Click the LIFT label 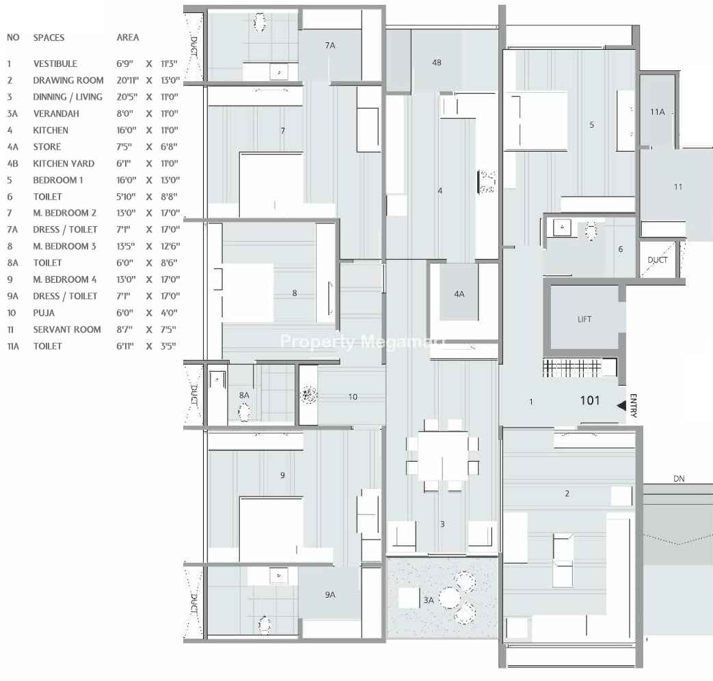tap(584, 320)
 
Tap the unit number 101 tap(590, 400)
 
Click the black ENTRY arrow tap(621, 406)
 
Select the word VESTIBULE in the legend tap(55, 64)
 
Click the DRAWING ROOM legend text tap(68, 81)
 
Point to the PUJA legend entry tap(44, 313)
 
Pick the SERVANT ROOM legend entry tap(67, 329)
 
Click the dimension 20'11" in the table tap(127, 81)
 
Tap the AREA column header tap(128, 38)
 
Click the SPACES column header tap(49, 38)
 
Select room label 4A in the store tap(459, 294)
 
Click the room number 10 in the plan tap(353, 397)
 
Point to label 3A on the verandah tap(429, 600)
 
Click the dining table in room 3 tap(443, 456)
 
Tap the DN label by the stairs tap(679, 478)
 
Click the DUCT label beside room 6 tap(658, 260)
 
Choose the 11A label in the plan tap(658, 112)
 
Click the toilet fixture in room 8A tap(244, 413)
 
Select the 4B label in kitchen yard tap(437, 62)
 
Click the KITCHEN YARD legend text tap(64, 163)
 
